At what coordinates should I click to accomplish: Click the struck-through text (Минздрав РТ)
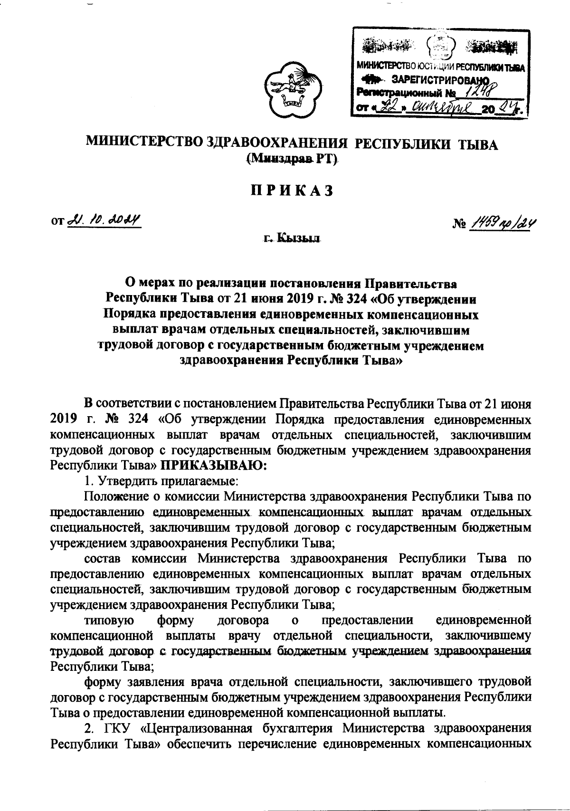292,159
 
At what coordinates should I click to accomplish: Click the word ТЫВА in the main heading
477,144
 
